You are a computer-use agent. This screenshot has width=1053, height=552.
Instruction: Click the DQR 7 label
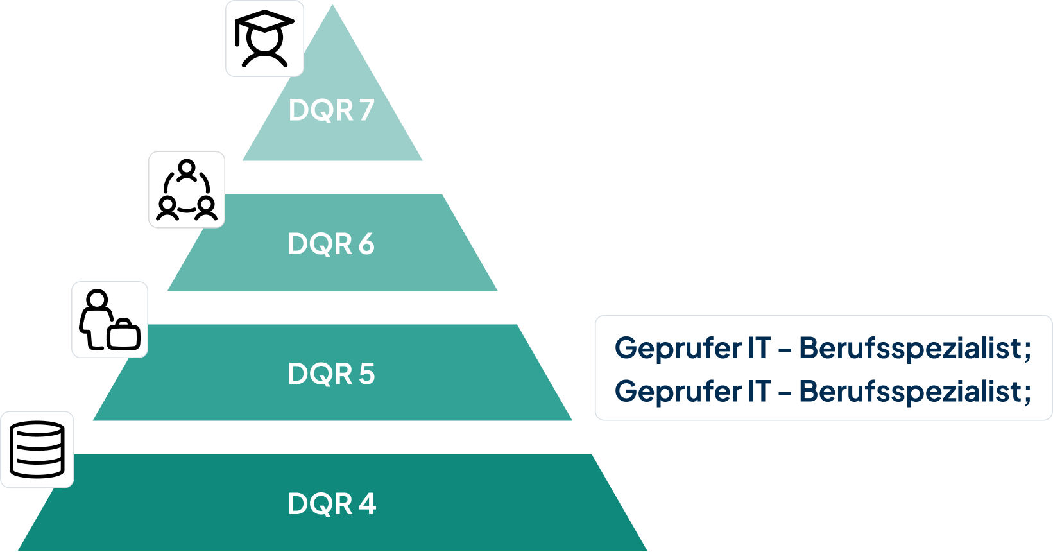pyautogui.click(x=331, y=110)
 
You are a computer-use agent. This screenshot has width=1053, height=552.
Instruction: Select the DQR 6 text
pyautogui.click(x=330, y=244)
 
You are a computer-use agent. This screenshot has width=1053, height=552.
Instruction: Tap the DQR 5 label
pyautogui.click(x=331, y=374)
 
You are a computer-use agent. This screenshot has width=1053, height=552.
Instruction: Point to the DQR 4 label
pyautogui.click(x=332, y=504)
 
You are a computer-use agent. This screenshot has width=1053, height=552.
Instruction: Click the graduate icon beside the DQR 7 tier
pyautogui.click(x=264, y=39)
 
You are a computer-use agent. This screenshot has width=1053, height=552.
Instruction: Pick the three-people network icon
pyautogui.click(x=187, y=190)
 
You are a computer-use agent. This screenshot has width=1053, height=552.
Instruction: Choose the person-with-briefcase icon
pyautogui.click(x=110, y=320)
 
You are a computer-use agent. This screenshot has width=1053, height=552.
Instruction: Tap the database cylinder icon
pyautogui.click(x=38, y=449)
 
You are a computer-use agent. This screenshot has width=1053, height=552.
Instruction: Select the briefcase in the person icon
pyautogui.click(x=124, y=334)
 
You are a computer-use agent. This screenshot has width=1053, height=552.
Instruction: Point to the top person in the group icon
pyautogui.click(x=187, y=169)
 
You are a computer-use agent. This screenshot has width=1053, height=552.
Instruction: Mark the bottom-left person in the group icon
pyautogui.click(x=167, y=208)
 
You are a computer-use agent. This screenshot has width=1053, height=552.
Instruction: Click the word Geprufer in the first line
pyautogui.click(x=678, y=349)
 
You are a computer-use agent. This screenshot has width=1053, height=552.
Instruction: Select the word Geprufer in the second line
pyautogui.click(x=678, y=392)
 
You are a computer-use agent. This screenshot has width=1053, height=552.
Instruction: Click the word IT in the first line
pyautogui.click(x=758, y=348)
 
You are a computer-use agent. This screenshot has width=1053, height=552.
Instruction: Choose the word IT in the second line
pyautogui.click(x=758, y=391)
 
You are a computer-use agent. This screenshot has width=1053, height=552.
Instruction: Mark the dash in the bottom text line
pyautogui.click(x=784, y=392)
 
